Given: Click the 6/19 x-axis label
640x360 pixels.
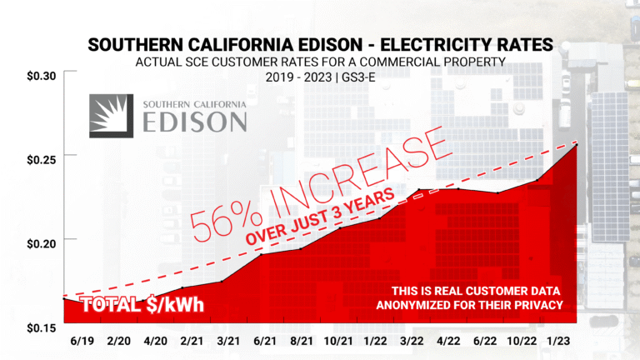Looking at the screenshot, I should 82,342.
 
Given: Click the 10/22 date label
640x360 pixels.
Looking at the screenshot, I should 522,342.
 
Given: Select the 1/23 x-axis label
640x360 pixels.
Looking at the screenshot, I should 562,342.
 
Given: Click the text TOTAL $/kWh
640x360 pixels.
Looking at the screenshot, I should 142,306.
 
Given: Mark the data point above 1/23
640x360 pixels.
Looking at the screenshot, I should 574,146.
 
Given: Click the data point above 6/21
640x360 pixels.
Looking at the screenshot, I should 262,254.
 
